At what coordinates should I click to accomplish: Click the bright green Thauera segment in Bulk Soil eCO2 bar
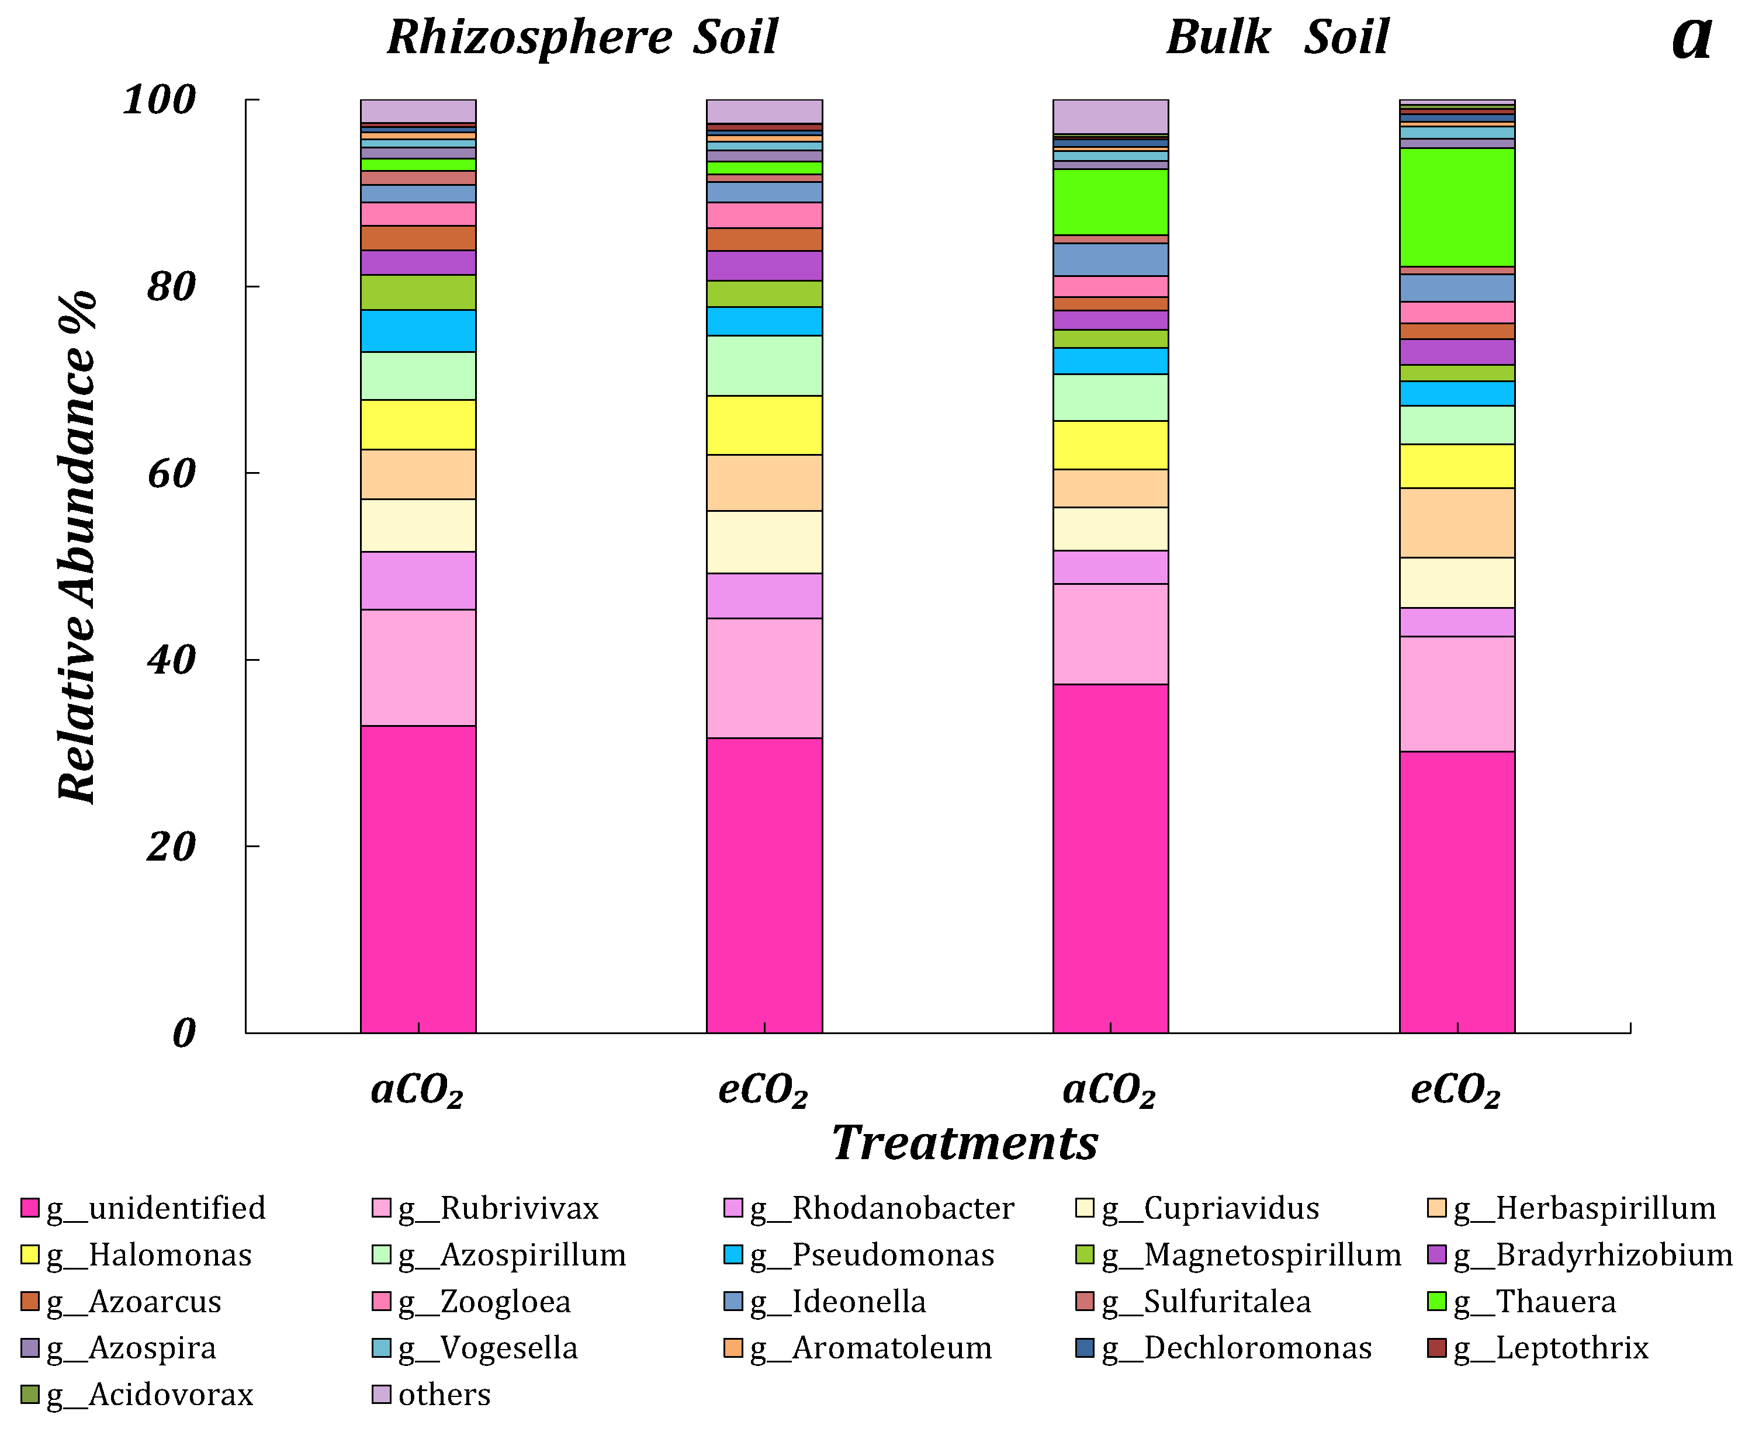tap(1457, 207)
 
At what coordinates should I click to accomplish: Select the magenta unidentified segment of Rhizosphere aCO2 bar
tap(418, 879)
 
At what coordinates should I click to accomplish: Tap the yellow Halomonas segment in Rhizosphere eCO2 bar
tap(764, 425)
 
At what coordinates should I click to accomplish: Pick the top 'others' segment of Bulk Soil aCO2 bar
tap(1110, 116)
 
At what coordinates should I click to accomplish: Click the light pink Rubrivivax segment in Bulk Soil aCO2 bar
tap(1110, 633)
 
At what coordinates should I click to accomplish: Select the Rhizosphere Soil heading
tap(583, 38)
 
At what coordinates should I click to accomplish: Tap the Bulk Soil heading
tap(1277, 38)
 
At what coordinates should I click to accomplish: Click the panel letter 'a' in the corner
tap(1691, 38)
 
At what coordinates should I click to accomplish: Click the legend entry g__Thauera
tap(1533, 1302)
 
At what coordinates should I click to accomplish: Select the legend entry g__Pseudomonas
tap(871, 1254)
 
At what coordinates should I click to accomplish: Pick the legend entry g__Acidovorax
tap(149, 1395)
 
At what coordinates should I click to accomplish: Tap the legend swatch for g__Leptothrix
tap(1438, 1348)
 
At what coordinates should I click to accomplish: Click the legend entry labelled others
tap(444, 1395)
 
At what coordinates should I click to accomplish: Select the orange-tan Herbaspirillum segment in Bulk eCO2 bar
tap(1457, 523)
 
